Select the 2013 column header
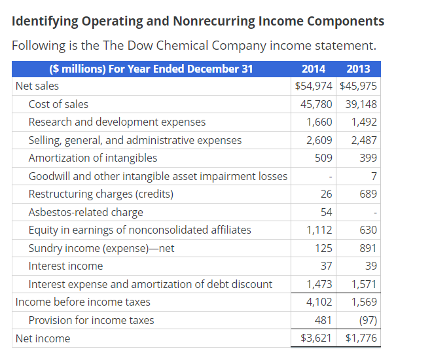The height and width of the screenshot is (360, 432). (x=357, y=69)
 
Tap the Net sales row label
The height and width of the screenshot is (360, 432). (x=37, y=86)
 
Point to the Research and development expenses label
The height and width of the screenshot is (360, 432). (x=117, y=122)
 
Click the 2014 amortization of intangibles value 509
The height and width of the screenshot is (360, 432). (x=323, y=158)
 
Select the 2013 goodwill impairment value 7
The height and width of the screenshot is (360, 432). (x=373, y=176)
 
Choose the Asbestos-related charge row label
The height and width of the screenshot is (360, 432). (x=86, y=212)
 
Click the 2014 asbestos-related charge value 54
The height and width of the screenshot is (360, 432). (x=326, y=212)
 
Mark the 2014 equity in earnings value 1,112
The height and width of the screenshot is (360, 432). (x=319, y=230)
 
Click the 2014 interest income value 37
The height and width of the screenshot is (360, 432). (x=326, y=266)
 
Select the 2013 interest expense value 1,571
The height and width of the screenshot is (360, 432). (x=364, y=284)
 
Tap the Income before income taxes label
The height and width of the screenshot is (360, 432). (x=82, y=302)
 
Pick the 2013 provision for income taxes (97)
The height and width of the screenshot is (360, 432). (x=367, y=320)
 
